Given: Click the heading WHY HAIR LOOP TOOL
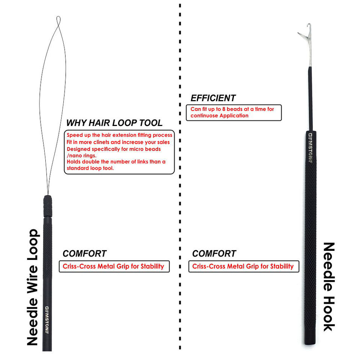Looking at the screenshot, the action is [x=114, y=123].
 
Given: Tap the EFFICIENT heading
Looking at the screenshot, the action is [x=213, y=98].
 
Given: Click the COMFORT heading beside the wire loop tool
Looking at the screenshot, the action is [x=84, y=253].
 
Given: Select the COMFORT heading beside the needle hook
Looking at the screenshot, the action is [x=214, y=253].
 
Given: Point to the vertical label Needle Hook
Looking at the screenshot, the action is [x=328, y=287].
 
